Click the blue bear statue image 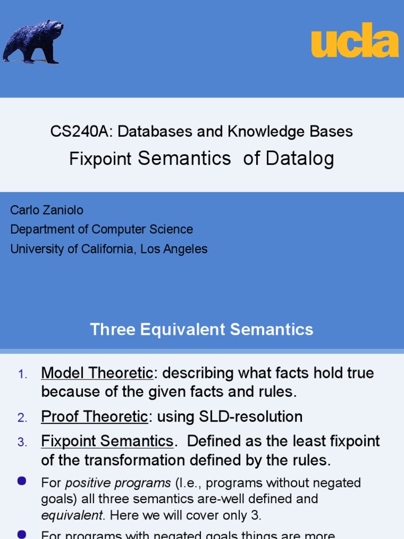(x=33, y=42)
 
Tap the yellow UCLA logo (x=355, y=41)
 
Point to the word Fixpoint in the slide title (x=100, y=158)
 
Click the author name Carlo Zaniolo (x=47, y=211)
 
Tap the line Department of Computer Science (x=102, y=229)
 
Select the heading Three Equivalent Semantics (x=201, y=330)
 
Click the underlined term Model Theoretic (x=97, y=373)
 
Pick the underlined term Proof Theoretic (x=95, y=417)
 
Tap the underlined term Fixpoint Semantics (x=107, y=441)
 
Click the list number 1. (x=22, y=375)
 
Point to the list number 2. (x=22, y=418)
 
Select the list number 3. (x=22, y=443)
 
